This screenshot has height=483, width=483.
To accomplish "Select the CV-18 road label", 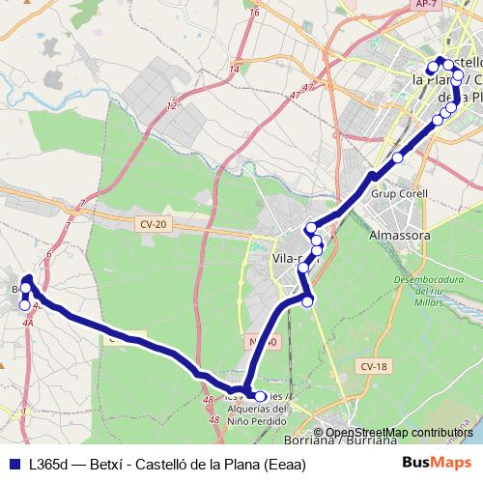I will pos(375,366).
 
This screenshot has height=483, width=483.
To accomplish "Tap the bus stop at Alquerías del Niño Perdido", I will pos(260,396).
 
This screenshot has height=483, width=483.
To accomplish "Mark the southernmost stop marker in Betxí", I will pos(25,305).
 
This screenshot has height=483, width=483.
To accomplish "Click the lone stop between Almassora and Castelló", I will pos(398,157).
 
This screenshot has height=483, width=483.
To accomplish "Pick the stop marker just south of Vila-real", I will pos(308,302).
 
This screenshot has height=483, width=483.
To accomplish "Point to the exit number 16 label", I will pos(255,13).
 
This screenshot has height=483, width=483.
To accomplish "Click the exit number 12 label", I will pos(171,104).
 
